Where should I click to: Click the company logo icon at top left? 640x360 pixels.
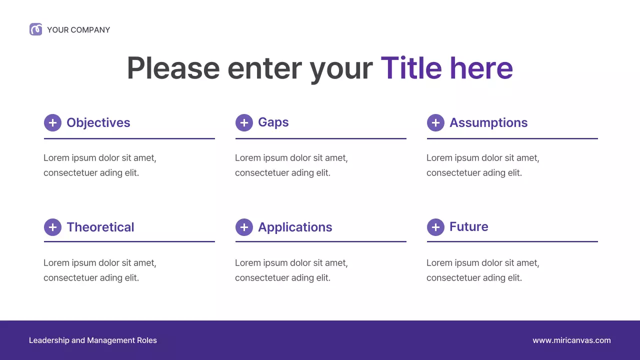point(35,29)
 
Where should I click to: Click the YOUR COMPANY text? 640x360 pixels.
point(78,30)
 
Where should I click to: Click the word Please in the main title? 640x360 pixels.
point(173,68)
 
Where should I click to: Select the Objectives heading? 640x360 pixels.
point(98,122)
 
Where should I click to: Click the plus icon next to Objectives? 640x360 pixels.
point(52,122)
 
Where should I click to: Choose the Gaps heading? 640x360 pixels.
point(273,122)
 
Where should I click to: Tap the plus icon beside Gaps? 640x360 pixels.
point(244,122)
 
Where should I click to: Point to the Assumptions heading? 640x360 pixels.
point(488,122)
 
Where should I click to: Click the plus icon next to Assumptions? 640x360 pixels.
point(435,122)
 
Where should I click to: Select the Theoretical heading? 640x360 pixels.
point(100,227)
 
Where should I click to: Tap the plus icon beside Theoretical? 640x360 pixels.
point(52,227)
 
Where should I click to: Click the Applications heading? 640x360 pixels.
point(295,227)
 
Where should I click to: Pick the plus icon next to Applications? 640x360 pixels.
point(244,227)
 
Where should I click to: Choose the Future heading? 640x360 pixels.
point(468,227)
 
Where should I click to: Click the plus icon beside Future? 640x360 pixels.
point(435,227)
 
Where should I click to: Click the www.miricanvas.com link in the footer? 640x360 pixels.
point(571,340)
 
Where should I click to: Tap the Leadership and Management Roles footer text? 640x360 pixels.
point(93,340)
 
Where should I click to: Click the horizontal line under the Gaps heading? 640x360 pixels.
point(320,138)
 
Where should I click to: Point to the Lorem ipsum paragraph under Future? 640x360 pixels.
point(482,270)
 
